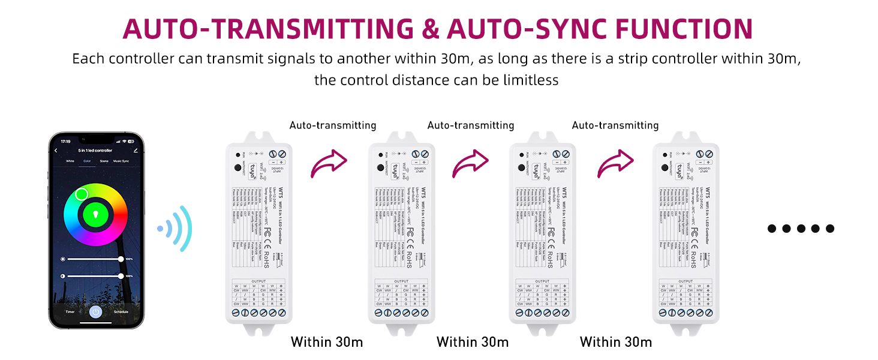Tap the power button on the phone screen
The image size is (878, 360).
click(x=95, y=311)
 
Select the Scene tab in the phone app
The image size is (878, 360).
click(x=104, y=161)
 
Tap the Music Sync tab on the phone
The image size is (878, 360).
click(x=122, y=161)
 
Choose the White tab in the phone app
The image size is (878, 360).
click(x=70, y=161)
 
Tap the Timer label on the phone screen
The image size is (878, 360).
click(x=70, y=312)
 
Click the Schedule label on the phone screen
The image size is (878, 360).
click(x=121, y=312)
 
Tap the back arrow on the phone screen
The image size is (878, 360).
click(x=56, y=150)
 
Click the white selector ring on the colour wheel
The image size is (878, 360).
click(x=82, y=194)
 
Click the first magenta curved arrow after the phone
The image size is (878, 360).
click(x=328, y=163)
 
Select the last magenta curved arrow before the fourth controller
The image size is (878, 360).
click(x=615, y=163)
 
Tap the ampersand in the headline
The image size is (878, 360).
click(x=430, y=29)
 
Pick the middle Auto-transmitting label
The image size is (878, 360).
click(x=471, y=125)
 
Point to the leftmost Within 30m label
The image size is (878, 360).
click(x=327, y=342)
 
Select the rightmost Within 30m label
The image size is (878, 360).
click(x=616, y=342)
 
